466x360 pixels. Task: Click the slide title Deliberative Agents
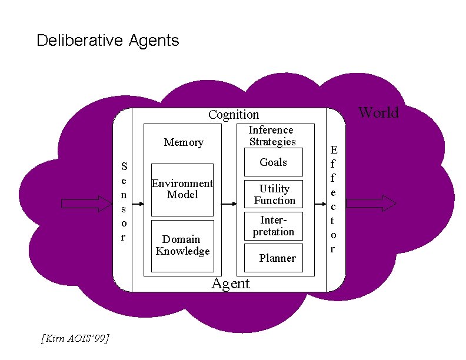point(108,41)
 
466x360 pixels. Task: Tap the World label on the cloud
point(378,112)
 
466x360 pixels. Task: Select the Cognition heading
point(234,115)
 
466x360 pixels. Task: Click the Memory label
point(184,142)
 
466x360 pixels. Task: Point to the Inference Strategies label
point(271,136)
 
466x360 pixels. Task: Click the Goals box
point(274,162)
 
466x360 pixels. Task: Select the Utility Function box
point(274,194)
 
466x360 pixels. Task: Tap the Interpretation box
point(274,226)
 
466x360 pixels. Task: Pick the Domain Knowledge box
point(182,246)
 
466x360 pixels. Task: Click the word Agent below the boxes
point(231,284)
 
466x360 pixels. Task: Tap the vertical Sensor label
point(124,202)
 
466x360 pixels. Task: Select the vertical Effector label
point(334,199)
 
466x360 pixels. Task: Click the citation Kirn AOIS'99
point(75,338)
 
